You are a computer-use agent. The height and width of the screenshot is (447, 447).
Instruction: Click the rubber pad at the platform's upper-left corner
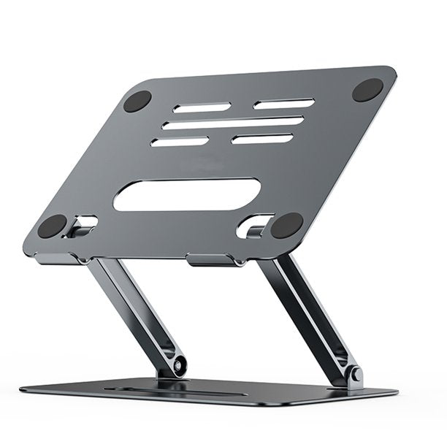(137, 101)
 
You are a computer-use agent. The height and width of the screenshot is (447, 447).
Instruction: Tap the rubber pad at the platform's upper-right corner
(367, 90)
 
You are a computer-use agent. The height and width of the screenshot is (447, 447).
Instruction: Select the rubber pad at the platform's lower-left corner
(52, 226)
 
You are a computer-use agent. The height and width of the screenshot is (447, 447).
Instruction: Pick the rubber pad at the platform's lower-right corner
(287, 226)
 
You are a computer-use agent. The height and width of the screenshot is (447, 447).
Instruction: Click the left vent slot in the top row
(202, 107)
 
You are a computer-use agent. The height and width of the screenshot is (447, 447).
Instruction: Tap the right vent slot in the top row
(284, 104)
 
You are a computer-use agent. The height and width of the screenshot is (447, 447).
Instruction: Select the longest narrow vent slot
(233, 123)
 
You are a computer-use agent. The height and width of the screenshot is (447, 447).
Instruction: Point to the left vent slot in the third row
(180, 142)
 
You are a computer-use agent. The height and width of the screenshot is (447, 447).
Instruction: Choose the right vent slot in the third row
(262, 138)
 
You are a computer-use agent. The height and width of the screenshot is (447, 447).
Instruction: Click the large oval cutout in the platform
(186, 195)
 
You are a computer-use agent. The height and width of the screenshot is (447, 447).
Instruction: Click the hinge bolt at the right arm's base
(355, 376)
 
